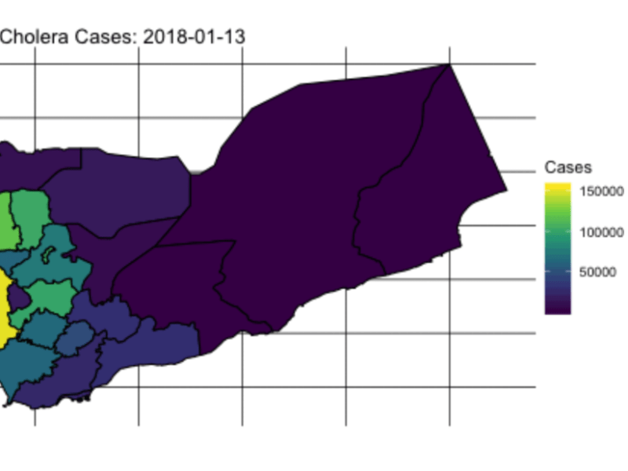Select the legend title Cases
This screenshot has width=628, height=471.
point(568,167)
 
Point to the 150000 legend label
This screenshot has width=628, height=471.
point(602,191)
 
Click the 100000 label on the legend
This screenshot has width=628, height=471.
point(602,232)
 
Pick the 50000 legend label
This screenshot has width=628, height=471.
point(598,273)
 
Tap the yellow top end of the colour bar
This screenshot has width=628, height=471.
point(558,188)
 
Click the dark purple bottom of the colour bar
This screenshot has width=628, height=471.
point(558,309)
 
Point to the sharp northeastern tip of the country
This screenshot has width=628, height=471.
point(449,64)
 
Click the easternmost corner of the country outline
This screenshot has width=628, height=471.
point(507,189)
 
